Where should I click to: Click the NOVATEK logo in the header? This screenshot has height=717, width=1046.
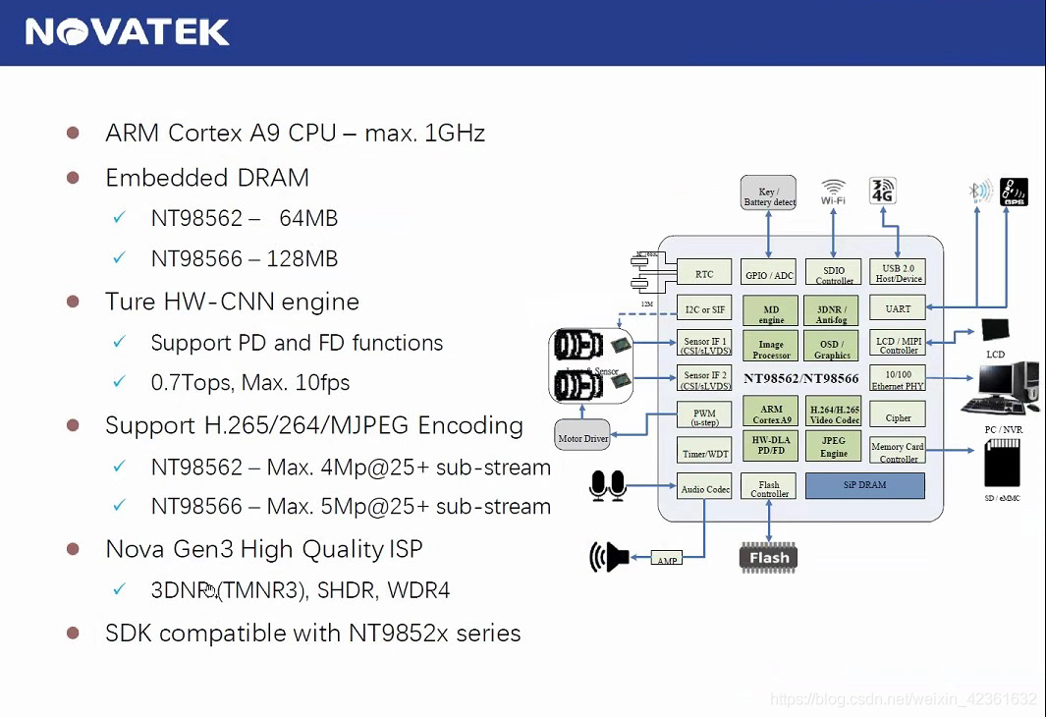coord(128,32)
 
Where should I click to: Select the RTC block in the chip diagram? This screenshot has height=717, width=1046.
coord(704,272)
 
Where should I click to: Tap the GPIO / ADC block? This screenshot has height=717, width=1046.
coord(770,272)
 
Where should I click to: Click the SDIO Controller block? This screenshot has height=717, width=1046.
coord(834,272)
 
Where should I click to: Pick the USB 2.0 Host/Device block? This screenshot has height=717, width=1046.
coord(898,272)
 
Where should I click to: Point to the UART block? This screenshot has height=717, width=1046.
coord(898,308)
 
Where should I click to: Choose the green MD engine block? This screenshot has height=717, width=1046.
coord(771,311)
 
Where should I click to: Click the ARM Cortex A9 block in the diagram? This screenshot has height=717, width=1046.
coord(771,413)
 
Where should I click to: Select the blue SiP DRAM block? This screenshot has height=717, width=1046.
coord(864,485)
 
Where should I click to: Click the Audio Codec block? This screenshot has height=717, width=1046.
coord(704,486)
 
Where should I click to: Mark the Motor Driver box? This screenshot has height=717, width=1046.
coord(582,435)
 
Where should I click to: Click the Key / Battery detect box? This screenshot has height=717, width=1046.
coord(769,193)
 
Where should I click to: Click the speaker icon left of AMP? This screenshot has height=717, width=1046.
coord(610,557)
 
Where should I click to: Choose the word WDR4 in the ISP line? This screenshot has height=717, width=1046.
coord(418,590)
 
